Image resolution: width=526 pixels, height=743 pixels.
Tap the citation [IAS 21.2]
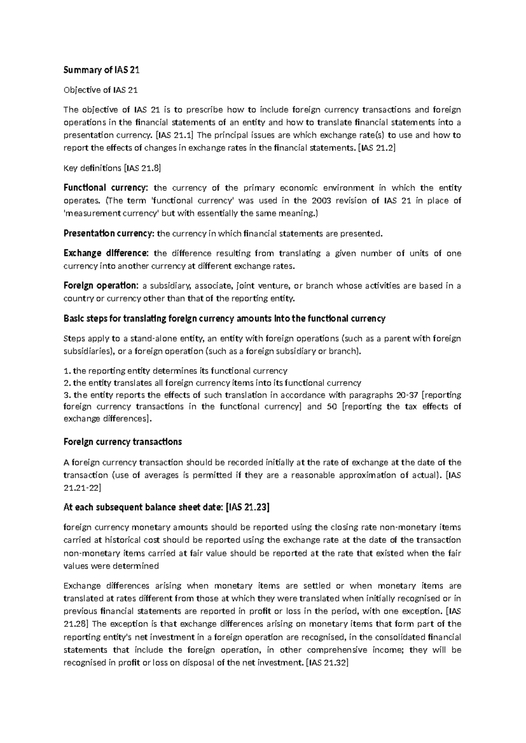click(x=377, y=148)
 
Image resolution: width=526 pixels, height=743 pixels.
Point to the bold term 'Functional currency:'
click(x=106, y=188)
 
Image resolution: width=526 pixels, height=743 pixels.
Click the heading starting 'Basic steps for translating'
click(x=224, y=318)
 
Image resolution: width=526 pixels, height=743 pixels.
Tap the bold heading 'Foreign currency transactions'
click(x=123, y=442)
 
